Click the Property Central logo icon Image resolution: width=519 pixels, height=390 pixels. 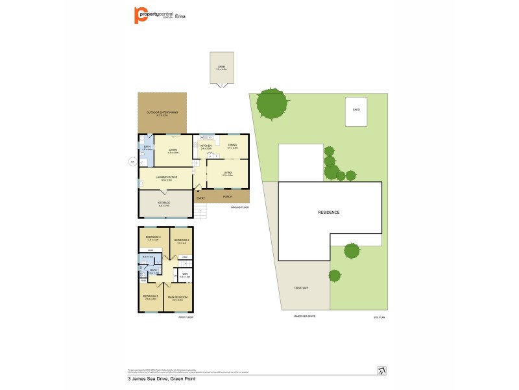click(139, 14)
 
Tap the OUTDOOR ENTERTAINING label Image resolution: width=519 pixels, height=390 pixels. click(162, 113)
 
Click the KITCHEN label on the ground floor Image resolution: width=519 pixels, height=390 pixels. click(206, 146)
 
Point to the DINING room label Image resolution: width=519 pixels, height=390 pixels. click(232, 146)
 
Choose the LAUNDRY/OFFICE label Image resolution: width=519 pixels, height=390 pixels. click(167, 177)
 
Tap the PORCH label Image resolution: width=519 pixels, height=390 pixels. click(228, 196)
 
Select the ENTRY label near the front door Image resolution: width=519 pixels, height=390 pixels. click(201, 198)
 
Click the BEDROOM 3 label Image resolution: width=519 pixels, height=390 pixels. click(153, 237)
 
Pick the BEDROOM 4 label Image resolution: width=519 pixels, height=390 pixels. click(182, 240)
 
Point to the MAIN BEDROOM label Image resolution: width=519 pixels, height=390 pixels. click(178, 297)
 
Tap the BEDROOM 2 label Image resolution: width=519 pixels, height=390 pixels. click(151, 297)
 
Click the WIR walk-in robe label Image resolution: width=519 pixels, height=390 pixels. click(184, 275)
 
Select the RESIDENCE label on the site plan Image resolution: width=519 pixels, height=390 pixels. click(328, 213)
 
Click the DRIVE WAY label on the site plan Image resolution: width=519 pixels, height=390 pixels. click(300, 287)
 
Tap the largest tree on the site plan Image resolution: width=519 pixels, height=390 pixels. click(271, 104)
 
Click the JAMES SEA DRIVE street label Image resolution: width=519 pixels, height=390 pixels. click(306, 317)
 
